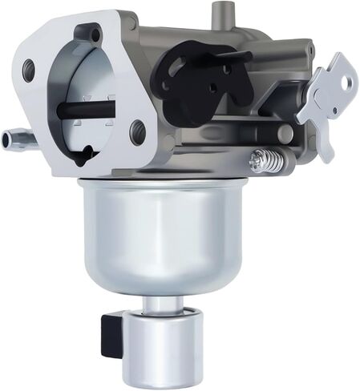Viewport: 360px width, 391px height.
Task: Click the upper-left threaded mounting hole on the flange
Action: tap(29, 67)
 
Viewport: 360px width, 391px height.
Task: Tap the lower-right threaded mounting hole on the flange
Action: tap(138, 127)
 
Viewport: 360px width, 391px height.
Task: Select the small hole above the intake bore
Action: tap(97, 35)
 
